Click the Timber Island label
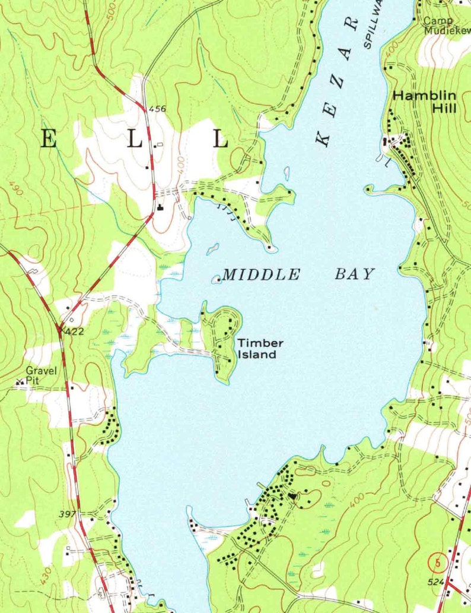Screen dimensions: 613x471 [x=256, y=349]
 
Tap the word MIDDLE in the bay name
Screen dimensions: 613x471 [x=261, y=274]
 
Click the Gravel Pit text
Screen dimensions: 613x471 [x=42, y=375]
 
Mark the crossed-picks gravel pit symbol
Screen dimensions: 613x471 [x=20, y=383]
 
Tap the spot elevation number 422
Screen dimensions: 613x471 [x=74, y=331]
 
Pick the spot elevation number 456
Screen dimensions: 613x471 [x=157, y=109]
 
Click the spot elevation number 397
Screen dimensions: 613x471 [x=68, y=514]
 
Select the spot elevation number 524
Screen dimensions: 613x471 [x=435, y=583]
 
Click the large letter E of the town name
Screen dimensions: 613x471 [x=49, y=140]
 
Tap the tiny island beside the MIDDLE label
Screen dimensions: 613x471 [x=216, y=279]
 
